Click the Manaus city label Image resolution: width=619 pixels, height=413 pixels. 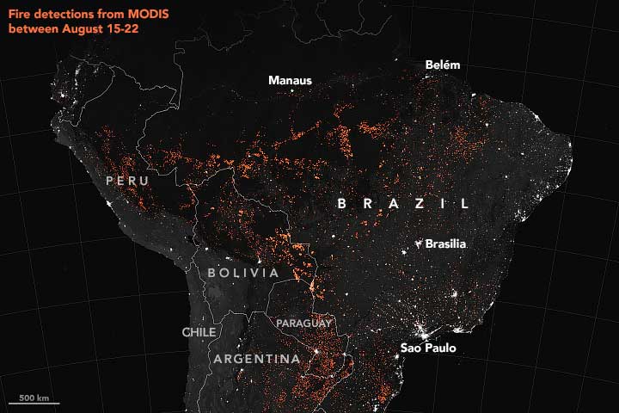[290, 81]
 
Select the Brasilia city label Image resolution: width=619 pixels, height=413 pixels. [445, 244]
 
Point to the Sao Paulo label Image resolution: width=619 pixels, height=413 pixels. [428, 348]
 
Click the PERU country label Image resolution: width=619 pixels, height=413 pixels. [128, 182]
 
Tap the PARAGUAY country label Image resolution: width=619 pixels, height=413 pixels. [303, 324]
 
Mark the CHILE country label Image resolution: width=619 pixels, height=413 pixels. [199, 332]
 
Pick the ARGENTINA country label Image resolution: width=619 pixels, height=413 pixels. [257, 359]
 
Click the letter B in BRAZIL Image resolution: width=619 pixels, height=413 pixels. [341, 204]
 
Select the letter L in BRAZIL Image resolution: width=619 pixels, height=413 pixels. [465, 204]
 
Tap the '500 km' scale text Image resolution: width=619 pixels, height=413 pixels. [34, 397]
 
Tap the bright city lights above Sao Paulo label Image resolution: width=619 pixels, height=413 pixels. [422, 329]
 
